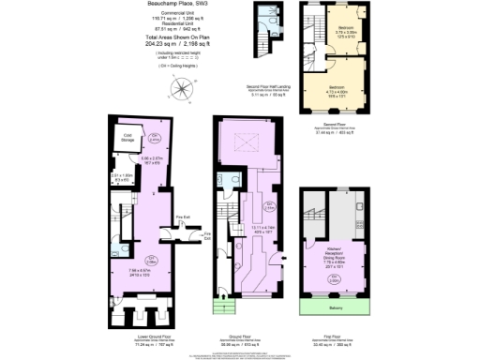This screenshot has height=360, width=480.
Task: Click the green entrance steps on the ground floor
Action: pyautogui.click(x=223, y=307)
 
